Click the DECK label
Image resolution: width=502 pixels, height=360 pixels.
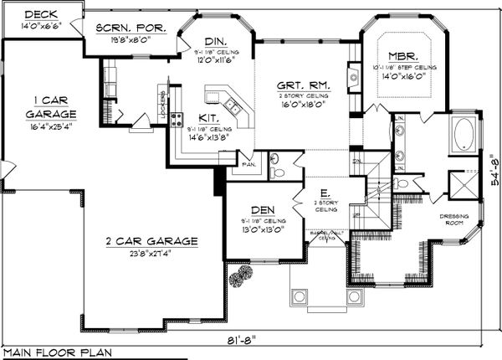pos(41,14)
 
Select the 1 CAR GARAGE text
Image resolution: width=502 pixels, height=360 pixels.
pos(38,106)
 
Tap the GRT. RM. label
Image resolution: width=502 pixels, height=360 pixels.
pos(305,85)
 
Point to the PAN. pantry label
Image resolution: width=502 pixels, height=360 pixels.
pos(248,165)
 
